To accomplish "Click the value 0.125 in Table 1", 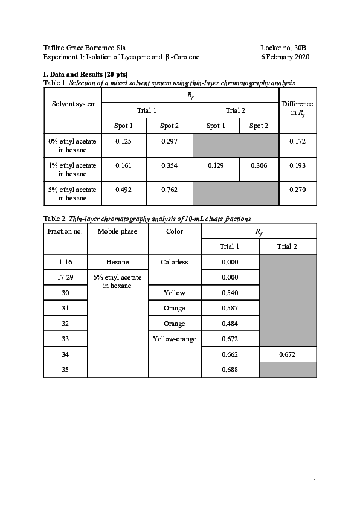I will click(x=124, y=141).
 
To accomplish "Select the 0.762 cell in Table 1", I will click(x=169, y=190).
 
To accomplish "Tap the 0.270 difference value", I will click(x=297, y=190).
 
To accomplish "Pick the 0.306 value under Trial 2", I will click(x=259, y=165).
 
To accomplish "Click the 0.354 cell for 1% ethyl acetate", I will click(x=169, y=165).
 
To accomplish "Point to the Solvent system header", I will click(x=74, y=104).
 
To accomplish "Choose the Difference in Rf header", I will click(x=297, y=108).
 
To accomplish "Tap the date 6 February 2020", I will click(x=285, y=57).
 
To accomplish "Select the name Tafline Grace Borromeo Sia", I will click(x=85, y=47).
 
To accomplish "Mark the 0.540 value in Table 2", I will click(x=230, y=293).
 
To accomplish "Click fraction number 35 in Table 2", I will click(x=65, y=369).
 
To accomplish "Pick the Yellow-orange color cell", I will click(x=175, y=339).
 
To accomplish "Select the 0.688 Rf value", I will click(x=230, y=369).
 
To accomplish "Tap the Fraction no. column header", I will click(x=65, y=231).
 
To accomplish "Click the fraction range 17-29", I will click(x=65, y=277).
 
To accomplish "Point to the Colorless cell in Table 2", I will click(x=175, y=262).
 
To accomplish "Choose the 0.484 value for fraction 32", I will click(x=230, y=324).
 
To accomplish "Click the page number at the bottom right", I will click(x=315, y=482).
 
